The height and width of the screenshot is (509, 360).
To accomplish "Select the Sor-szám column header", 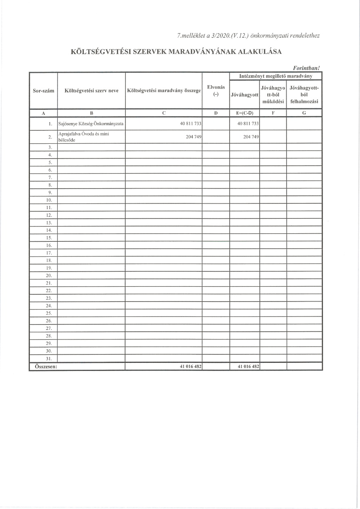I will click(x=44, y=90).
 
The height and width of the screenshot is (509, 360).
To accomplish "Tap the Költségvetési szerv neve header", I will click(x=91, y=90).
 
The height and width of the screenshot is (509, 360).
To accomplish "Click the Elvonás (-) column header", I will click(x=216, y=90).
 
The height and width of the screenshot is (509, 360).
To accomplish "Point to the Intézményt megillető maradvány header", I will click(x=276, y=76).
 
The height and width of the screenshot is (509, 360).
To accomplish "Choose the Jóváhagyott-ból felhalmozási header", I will click(x=304, y=95).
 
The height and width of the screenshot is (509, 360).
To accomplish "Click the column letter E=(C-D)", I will click(x=245, y=113).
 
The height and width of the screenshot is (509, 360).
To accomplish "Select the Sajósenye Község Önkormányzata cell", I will click(x=91, y=124).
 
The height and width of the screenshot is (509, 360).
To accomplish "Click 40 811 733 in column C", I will click(x=191, y=124).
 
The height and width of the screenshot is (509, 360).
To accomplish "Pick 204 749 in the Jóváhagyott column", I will click(x=251, y=137).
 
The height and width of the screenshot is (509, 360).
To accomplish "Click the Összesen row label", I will click(x=43, y=367).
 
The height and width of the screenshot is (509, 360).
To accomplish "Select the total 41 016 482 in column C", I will click(x=191, y=367).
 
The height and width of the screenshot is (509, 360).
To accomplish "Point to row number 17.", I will click(x=49, y=253).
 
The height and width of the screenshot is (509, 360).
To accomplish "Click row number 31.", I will click(x=49, y=358).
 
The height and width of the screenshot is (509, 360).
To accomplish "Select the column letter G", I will click(x=304, y=113).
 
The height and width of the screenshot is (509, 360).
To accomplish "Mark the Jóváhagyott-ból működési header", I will click(x=273, y=95).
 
